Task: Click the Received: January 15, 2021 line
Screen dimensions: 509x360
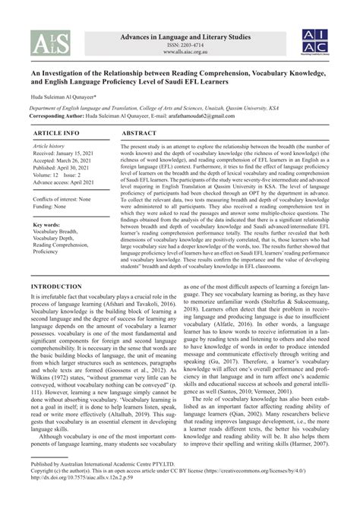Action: [51, 153]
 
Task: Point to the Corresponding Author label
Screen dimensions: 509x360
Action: [36, 119]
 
